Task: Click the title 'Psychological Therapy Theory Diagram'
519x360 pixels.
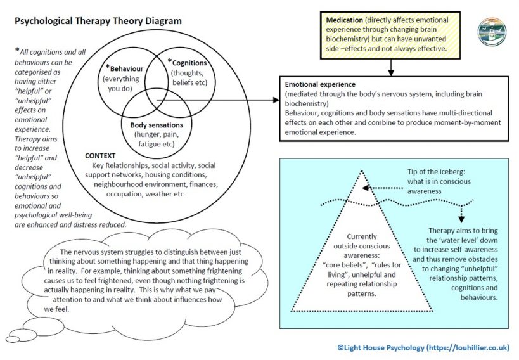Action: click(x=98, y=21)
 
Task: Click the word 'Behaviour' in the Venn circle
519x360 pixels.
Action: click(x=127, y=69)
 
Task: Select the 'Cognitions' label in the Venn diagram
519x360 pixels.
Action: click(x=189, y=63)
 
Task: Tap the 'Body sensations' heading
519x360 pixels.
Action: click(x=157, y=125)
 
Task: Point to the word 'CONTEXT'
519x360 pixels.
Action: click(x=100, y=156)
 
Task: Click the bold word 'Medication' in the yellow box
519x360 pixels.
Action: click(x=344, y=20)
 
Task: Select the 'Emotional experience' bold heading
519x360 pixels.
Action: click(x=320, y=84)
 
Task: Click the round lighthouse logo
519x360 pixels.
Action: click(x=492, y=32)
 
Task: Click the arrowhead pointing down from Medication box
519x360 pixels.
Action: click(x=391, y=72)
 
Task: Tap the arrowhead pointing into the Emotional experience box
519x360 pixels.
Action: click(x=276, y=100)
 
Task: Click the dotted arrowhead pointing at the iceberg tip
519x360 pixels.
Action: click(x=366, y=188)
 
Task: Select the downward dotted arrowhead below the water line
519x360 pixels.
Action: click(x=462, y=219)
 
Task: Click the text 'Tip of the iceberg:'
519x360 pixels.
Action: click(x=436, y=172)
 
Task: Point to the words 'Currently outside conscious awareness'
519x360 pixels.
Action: click(x=361, y=246)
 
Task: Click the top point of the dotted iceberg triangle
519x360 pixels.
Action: click(x=362, y=171)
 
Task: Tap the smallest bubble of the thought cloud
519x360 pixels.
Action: click(x=13, y=340)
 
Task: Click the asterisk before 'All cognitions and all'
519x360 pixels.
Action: click(x=17, y=50)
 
